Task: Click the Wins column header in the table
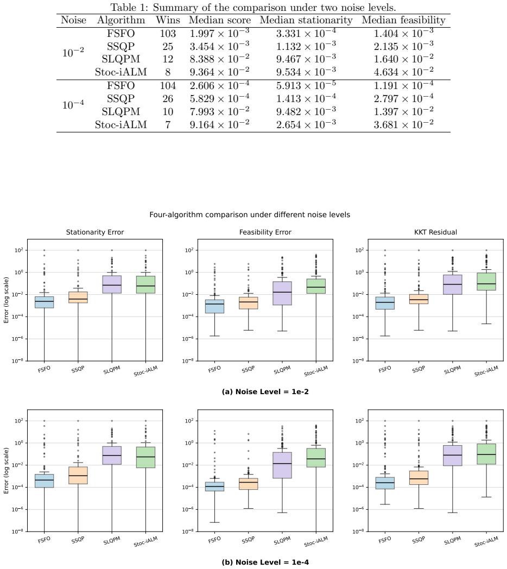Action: [168, 20]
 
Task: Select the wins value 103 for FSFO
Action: [168, 34]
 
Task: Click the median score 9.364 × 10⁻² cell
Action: [219, 72]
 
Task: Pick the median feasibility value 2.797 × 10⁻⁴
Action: [403, 98]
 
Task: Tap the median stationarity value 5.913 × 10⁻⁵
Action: [306, 85]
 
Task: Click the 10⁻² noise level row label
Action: [73, 52]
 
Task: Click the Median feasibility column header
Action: [403, 20]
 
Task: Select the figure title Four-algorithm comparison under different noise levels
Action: [250, 215]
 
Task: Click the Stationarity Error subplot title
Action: [94, 232]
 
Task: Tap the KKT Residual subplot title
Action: [435, 232]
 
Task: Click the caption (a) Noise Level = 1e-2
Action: [265, 391]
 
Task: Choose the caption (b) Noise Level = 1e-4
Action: [265, 562]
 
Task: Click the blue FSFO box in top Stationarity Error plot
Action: [45, 302]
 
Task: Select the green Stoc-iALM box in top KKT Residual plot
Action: [486, 282]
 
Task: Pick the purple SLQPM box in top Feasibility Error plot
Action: [282, 293]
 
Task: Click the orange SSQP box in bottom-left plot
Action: [78, 476]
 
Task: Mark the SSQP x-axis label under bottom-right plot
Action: [419, 540]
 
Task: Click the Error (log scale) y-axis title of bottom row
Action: [6, 471]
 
